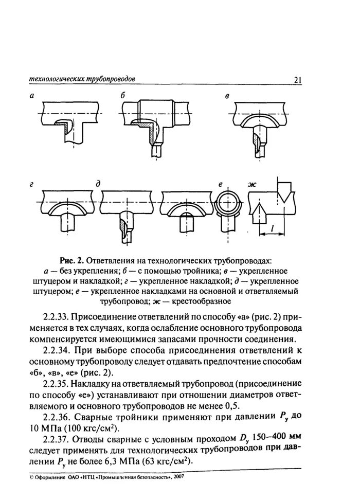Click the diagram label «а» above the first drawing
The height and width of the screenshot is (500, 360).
pyautogui.click(x=31, y=96)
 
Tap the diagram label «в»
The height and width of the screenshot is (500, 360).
pyautogui.click(x=227, y=97)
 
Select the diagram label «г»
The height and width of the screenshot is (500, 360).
pyautogui.click(x=31, y=184)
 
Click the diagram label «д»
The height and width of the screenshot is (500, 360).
pyautogui.click(x=97, y=184)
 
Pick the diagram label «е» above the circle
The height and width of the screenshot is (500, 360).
pyautogui.click(x=220, y=184)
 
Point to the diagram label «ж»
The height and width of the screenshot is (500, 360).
pyautogui.click(x=251, y=184)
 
